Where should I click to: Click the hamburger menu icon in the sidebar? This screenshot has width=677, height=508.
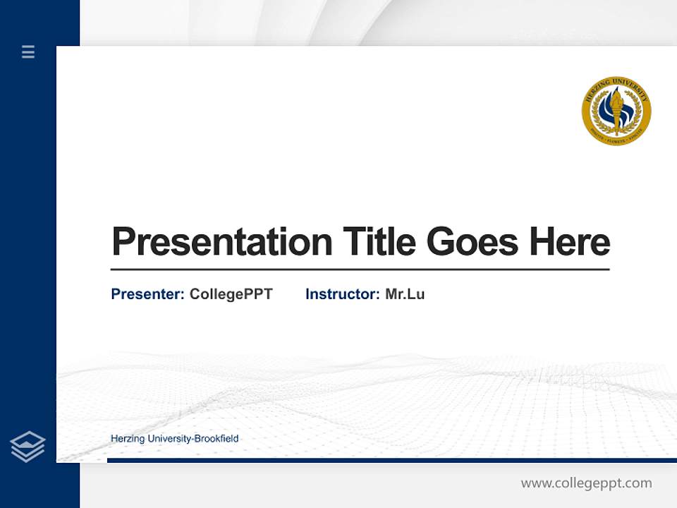(x=28, y=52)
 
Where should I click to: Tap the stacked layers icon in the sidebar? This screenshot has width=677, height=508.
(x=28, y=447)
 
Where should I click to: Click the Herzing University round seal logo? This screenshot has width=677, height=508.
(x=616, y=111)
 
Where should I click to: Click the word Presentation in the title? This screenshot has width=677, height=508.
(x=221, y=242)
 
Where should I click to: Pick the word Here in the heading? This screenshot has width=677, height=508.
(x=570, y=242)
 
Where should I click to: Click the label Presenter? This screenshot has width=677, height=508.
(x=147, y=294)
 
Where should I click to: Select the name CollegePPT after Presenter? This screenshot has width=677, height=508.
(x=231, y=294)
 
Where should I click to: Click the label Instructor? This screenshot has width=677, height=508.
(x=342, y=294)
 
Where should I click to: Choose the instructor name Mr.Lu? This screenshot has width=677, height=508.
(x=405, y=294)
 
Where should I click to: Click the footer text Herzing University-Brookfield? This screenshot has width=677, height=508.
(x=174, y=439)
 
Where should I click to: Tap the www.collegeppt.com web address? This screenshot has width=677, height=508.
(x=586, y=483)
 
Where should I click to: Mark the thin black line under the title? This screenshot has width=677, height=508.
(x=360, y=270)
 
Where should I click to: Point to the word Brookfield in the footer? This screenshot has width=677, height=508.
(x=216, y=439)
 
